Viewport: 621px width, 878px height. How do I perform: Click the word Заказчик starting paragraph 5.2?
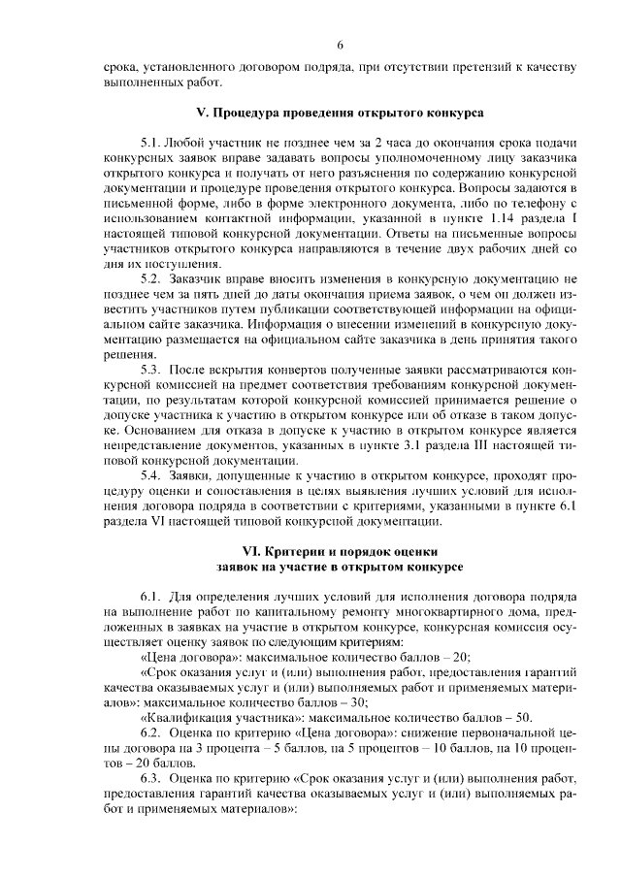tap(197, 278)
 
